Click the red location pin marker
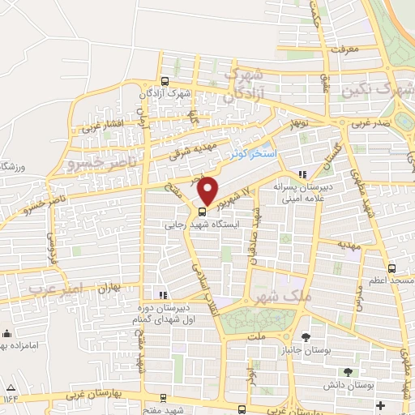[208, 190]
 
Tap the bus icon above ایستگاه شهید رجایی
[202, 212]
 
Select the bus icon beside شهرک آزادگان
[165, 81]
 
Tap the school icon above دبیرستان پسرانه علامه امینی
[302, 173]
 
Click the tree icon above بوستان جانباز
[305, 336]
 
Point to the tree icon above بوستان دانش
[348, 371]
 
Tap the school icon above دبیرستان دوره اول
[163, 294]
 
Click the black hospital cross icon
[380, 404]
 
